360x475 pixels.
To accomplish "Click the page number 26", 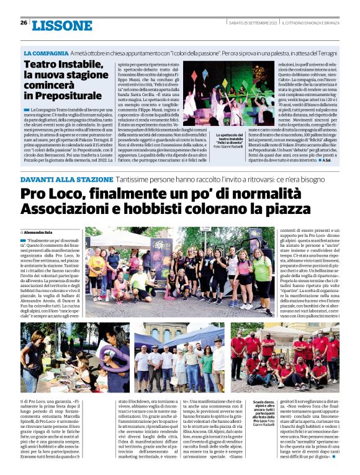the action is click(24, 22).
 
